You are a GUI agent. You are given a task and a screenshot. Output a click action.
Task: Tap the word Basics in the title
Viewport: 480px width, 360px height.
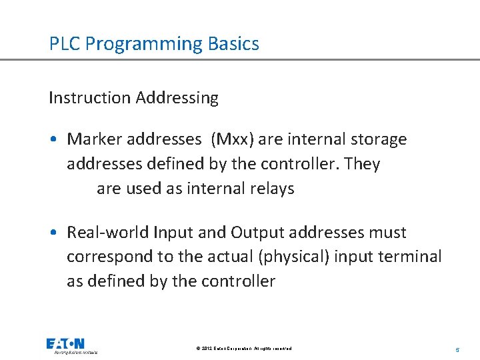pyautogui.click(x=233, y=44)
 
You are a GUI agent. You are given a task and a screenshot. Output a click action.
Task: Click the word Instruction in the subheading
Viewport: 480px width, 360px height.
pyautogui.click(x=89, y=98)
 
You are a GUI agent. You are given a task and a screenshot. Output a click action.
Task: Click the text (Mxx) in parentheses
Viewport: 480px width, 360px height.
pyautogui.click(x=232, y=139)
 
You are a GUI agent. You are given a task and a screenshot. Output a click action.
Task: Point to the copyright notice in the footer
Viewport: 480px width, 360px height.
pyautogui.click(x=244, y=349)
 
